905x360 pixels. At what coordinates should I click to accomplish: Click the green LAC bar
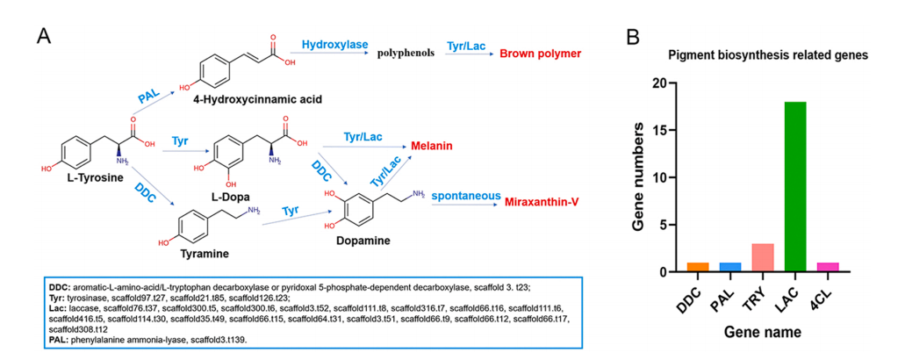[x=795, y=187]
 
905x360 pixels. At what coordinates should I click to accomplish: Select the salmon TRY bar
[x=762, y=257]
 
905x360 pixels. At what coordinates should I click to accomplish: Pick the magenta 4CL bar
[x=827, y=267]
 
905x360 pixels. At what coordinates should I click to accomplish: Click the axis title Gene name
[x=762, y=334]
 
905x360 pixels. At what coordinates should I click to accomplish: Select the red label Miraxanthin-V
[x=542, y=201]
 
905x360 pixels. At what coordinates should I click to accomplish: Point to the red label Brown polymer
[x=541, y=54]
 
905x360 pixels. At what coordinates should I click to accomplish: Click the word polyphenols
[x=406, y=54]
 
